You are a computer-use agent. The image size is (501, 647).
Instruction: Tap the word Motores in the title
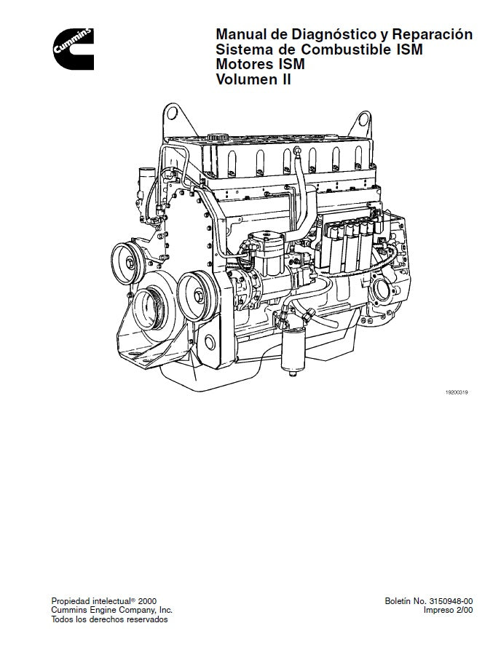pyautogui.click(x=245, y=66)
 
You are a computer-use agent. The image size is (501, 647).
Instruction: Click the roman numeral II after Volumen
pyautogui.click(x=285, y=81)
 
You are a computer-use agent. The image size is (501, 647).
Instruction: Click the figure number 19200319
pyautogui.click(x=456, y=392)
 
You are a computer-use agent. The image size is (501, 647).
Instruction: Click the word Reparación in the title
pyautogui.click(x=433, y=35)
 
